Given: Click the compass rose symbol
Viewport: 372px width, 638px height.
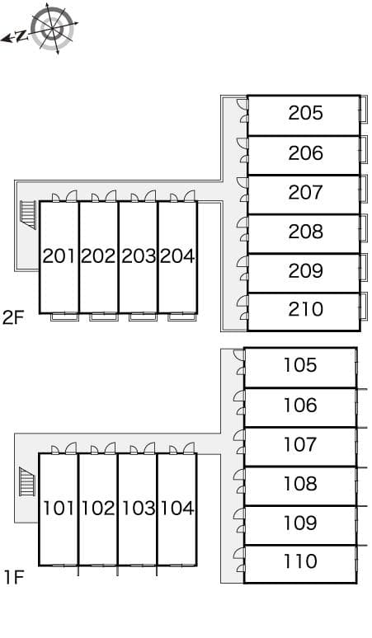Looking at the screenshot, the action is (x=53, y=29).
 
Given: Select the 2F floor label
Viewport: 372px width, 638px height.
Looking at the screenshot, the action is (x=13, y=317).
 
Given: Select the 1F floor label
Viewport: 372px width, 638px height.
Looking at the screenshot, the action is (x=14, y=577).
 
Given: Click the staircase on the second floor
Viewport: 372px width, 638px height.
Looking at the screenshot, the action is (x=29, y=215).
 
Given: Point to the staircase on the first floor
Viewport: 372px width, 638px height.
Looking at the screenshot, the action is (x=27, y=482).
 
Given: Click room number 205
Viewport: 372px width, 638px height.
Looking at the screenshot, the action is (x=306, y=113).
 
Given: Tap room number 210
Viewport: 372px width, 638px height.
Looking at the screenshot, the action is (x=306, y=309).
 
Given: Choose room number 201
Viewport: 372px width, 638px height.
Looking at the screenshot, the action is (x=59, y=256).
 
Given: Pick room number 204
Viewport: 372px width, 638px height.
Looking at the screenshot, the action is (x=177, y=256).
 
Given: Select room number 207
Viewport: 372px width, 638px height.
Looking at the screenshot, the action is (x=306, y=192).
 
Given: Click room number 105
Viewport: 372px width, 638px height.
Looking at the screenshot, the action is (x=300, y=365).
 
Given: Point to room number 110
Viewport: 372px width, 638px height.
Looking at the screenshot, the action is (x=300, y=561).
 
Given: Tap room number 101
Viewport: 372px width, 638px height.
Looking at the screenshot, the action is (x=59, y=509).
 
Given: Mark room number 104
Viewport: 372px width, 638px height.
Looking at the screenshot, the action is (x=177, y=509).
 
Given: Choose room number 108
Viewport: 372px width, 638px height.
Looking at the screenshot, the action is (x=300, y=483).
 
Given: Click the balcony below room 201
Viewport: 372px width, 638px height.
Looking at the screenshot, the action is (x=64, y=317).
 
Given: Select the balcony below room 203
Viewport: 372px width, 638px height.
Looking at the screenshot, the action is (x=143, y=317).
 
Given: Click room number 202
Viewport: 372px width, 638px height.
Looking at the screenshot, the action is (x=98, y=256).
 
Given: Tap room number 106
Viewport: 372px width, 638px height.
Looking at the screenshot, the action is (x=300, y=406).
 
